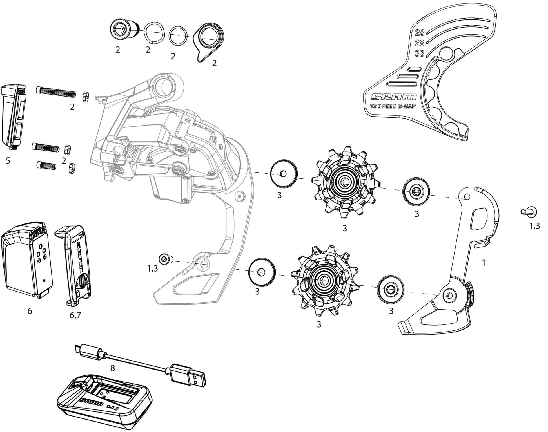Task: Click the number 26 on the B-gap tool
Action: pos(419,33)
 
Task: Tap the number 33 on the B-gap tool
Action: pos(419,53)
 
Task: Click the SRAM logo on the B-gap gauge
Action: pos(393,97)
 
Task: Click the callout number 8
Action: pos(113,368)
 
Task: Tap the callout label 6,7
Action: pos(75,315)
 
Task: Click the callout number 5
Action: pos(8,161)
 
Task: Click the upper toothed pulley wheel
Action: pos(344,182)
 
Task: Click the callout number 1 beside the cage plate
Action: pos(484,263)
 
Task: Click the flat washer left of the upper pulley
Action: pos(284,173)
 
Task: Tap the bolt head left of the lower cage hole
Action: pos(164,258)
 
